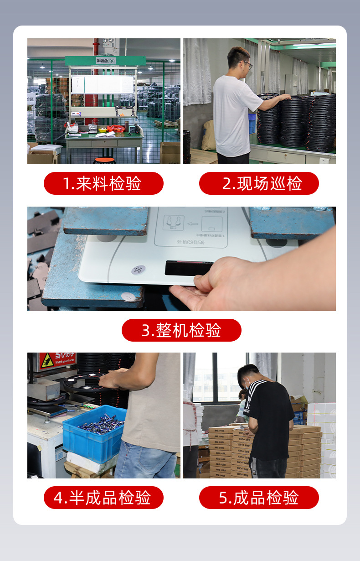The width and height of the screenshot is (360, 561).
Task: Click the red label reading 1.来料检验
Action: coord(103,183)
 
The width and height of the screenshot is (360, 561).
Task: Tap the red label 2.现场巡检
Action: coord(259,183)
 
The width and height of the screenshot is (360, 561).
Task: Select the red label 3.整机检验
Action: coord(181,330)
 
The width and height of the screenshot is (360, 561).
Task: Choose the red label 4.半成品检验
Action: coord(103,498)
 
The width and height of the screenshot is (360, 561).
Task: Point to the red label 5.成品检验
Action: coord(259,498)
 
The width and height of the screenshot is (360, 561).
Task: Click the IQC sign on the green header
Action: coord(105,61)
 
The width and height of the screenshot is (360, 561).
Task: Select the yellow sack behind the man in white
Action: coord(209,135)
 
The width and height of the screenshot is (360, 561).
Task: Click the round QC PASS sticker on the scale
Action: coord(139,270)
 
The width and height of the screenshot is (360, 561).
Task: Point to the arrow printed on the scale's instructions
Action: coord(192,223)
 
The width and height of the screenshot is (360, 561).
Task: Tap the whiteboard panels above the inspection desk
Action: coord(103,84)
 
